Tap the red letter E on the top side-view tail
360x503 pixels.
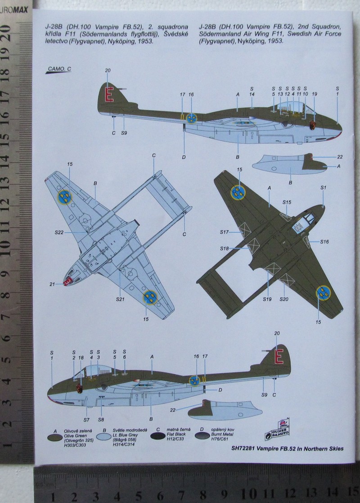pyautogui.click(x=108, y=94)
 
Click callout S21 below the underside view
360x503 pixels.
pyautogui.click(x=120, y=299)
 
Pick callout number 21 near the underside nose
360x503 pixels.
pyautogui.click(x=52, y=284)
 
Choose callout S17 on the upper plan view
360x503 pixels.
pyautogui.click(x=225, y=232)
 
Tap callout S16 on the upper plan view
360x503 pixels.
pyautogui.click(x=324, y=242)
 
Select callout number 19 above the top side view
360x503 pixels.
pyautogui.click(x=315, y=94)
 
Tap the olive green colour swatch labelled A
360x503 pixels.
pyautogui.click(x=55, y=437)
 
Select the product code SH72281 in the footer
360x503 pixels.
pyautogui.click(x=244, y=449)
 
